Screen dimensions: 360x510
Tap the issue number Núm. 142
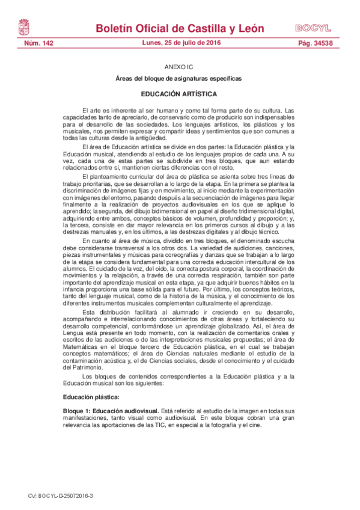coord(38,44)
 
